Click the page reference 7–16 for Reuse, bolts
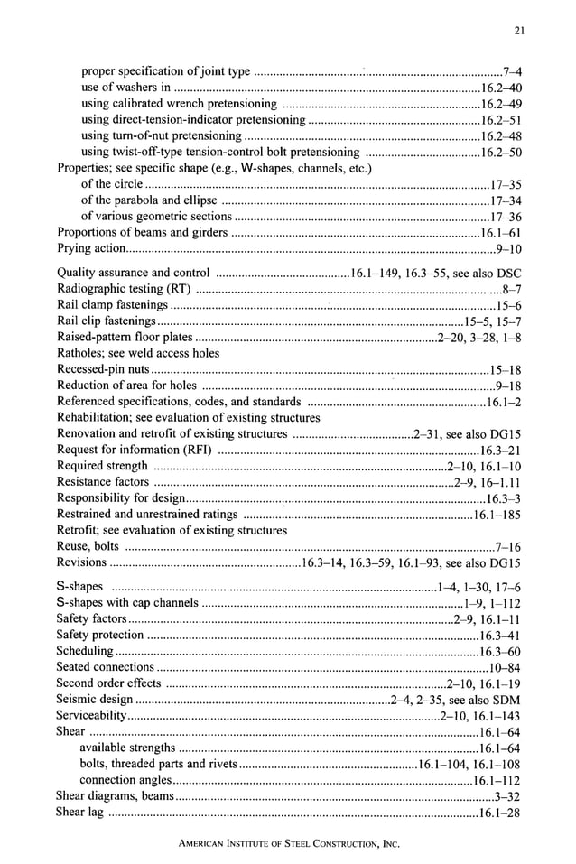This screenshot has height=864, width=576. (x=507, y=546)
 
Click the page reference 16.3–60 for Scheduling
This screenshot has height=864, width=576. (x=499, y=651)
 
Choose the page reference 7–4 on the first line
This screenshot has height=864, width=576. (x=511, y=71)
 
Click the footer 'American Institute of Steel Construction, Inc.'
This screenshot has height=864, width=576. (x=288, y=842)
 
